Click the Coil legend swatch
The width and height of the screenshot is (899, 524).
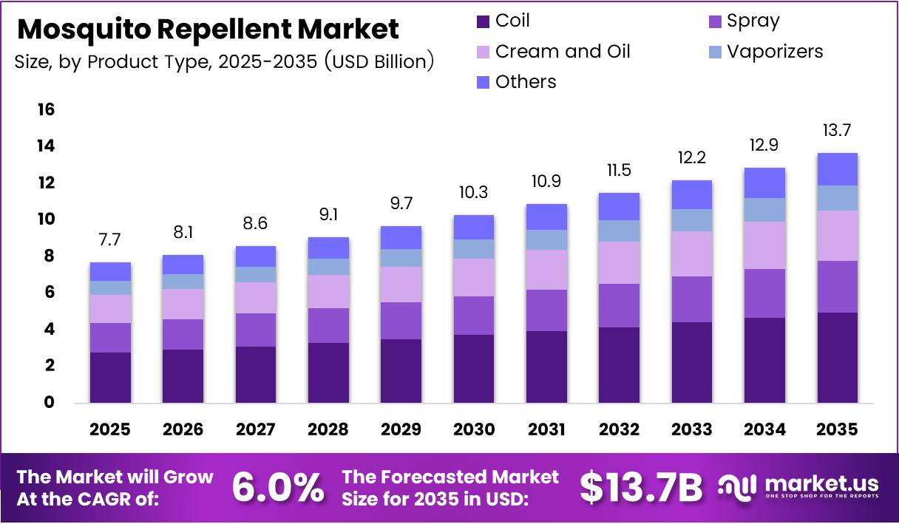click(x=484, y=21)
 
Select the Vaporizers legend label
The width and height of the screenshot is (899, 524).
click(x=774, y=52)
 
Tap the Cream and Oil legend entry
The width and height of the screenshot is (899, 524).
click(x=562, y=52)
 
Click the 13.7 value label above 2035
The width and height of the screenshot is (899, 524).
click(x=837, y=131)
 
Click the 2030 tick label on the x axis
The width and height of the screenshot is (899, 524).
click(x=473, y=429)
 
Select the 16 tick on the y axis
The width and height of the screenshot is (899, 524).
click(x=45, y=110)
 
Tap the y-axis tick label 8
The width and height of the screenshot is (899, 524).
click(x=49, y=256)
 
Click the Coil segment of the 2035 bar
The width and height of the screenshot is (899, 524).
click(x=837, y=358)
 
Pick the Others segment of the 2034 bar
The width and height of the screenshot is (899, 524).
click(x=764, y=183)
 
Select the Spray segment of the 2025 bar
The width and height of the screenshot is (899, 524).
click(x=109, y=338)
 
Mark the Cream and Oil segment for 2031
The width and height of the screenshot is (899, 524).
click(x=546, y=270)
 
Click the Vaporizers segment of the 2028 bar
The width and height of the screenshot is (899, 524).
click(x=328, y=267)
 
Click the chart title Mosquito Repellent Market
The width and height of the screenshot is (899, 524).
click(x=208, y=30)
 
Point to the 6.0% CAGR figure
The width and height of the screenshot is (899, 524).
click(x=278, y=487)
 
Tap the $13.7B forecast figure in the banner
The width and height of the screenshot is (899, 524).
click(x=640, y=487)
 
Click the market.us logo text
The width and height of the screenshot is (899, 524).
click(x=821, y=484)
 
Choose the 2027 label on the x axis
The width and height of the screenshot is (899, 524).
click(x=255, y=429)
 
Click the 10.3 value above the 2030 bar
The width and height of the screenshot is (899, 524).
click(x=473, y=193)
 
